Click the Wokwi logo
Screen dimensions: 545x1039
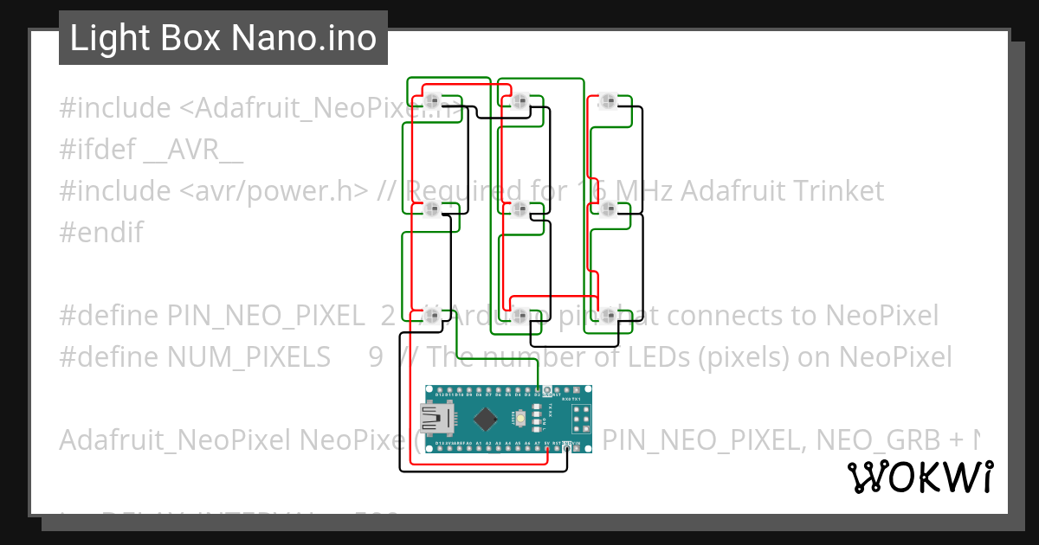[x=920, y=477]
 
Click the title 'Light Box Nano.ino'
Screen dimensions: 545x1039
[x=223, y=39]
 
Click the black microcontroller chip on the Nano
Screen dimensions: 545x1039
[x=486, y=419]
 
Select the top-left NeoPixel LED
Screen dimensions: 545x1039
[x=433, y=100]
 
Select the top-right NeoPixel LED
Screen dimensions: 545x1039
[x=609, y=100]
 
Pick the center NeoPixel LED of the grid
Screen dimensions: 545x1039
[x=520, y=208]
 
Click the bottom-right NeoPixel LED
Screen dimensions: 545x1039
[x=609, y=316]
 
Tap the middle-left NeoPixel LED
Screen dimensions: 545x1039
[x=433, y=208]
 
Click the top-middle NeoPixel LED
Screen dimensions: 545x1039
[x=520, y=100]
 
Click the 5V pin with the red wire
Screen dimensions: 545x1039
[x=547, y=446]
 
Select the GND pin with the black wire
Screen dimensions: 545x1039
[x=566, y=446]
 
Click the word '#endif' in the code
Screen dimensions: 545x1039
[x=101, y=233]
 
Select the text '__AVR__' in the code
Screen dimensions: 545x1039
[x=192, y=151]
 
